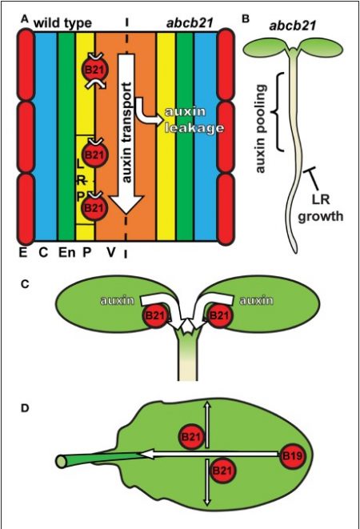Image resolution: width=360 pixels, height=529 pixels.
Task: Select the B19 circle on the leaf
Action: coord(293,456)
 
